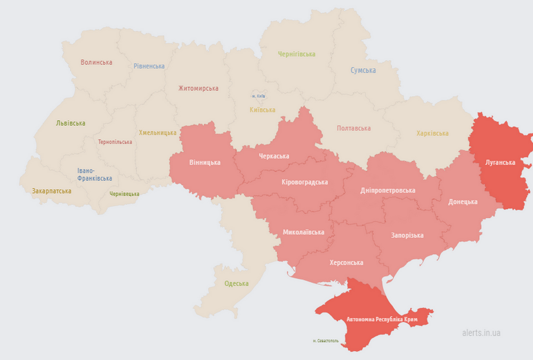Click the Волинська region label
tap(96, 62)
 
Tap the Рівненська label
tap(149, 66)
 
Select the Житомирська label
tap(198, 88)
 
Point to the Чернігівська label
tap(296, 54)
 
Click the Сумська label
tap(363, 70)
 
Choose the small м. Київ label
tap(259, 96)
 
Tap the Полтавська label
tap(353, 128)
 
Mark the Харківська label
tap(432, 133)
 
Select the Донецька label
tap(463, 202)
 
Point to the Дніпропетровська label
tap(387, 190)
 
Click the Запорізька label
tap(407, 235)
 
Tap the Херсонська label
tap(346, 263)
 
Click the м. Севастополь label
tap(326, 340)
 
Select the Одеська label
tap(237, 283)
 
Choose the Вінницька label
tap(205, 162)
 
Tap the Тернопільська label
tap(115, 142)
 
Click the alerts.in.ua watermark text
tap(481, 333)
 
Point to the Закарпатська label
tap(52, 190)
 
